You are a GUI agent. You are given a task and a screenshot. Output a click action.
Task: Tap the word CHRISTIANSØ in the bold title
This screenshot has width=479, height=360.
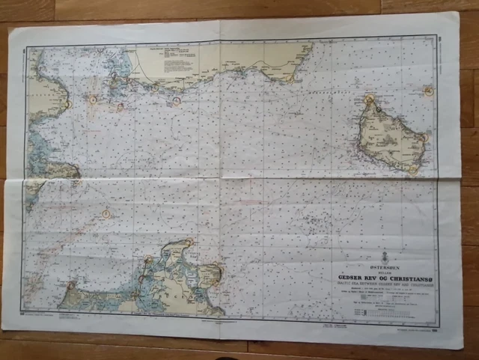(407, 275)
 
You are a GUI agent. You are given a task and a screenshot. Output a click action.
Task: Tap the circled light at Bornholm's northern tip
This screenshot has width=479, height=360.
(378, 109)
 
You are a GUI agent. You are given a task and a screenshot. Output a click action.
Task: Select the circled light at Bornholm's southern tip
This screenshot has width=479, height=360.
(412, 170)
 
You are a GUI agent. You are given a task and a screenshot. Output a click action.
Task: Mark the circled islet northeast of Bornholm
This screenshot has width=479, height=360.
(429, 91)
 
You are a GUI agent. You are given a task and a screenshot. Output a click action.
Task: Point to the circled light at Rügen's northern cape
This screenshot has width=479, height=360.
(189, 242)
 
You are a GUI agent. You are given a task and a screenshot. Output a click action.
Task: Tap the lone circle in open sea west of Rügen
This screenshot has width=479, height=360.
(106, 213)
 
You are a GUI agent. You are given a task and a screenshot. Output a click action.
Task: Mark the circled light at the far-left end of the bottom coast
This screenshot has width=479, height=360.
(72, 285)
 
